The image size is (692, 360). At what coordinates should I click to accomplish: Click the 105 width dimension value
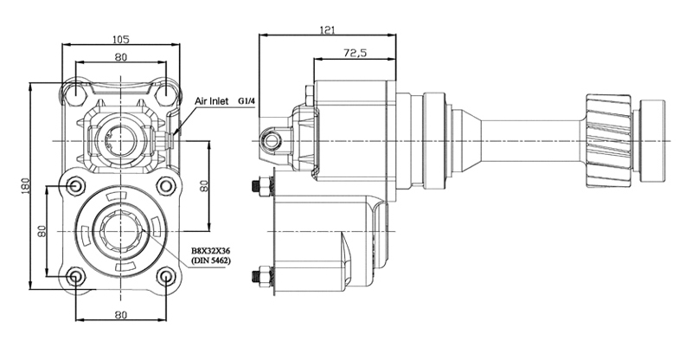coord(120,39)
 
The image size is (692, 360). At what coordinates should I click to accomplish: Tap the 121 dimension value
coord(327,30)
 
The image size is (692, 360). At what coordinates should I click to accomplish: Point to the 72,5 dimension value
coord(355,53)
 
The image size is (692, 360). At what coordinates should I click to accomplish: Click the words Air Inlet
coord(212,101)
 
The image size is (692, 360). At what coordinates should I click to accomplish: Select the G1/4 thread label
coord(247,101)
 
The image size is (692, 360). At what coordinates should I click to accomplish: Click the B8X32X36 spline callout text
coord(211,251)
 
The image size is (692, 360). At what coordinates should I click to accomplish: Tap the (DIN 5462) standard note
coord(211,260)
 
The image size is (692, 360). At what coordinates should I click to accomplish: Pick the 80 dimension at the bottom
coord(120,314)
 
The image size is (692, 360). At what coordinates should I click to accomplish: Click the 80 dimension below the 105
coord(120,57)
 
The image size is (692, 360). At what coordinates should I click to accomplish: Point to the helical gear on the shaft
coord(609,140)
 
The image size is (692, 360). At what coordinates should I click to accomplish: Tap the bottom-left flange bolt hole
coord(75,277)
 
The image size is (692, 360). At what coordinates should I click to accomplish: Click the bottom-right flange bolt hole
coord(166,277)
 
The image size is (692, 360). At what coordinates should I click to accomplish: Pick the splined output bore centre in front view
coord(120,231)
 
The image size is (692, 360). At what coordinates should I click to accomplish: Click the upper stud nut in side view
coord(264,185)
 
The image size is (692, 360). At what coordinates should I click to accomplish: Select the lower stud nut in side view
coord(264,276)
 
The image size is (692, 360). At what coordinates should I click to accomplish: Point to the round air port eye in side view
coord(271,140)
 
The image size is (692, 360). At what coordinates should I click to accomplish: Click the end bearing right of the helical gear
coord(652,141)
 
